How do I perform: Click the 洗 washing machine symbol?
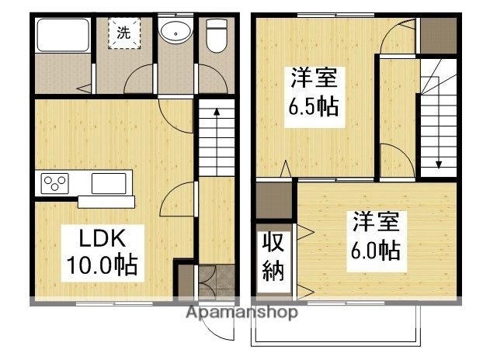(x=124, y=33)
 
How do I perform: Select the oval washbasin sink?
(x=175, y=33)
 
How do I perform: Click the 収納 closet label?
(x=272, y=257)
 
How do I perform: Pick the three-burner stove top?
(x=56, y=183)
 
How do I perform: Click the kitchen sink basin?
(x=108, y=183)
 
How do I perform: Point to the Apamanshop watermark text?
(x=241, y=313)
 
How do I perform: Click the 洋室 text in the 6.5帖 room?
(x=314, y=78)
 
